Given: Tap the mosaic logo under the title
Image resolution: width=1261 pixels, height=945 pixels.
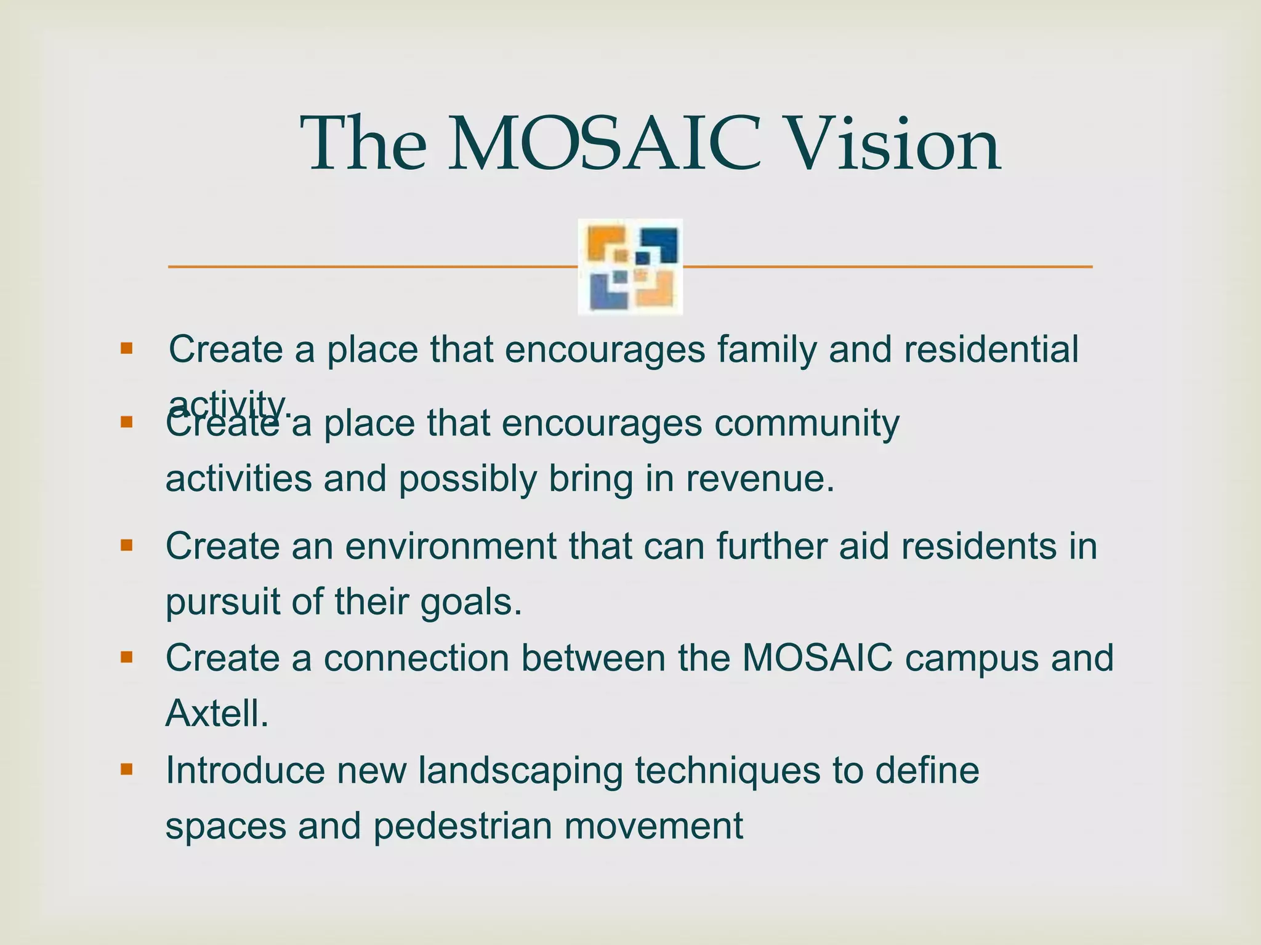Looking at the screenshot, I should pos(630,266).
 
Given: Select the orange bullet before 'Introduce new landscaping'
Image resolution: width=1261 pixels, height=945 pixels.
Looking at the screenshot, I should pos(127,769).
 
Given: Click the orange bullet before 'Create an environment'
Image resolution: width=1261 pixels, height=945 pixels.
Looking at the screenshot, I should pos(127,545).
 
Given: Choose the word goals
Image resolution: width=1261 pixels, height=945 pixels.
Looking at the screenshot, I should pos(471,602).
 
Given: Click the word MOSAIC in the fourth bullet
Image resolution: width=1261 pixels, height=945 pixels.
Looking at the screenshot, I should pos(816,658).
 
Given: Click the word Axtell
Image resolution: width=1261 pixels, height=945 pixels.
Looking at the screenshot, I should pos(217,714).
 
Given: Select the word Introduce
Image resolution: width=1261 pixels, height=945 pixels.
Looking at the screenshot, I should pos(244,770).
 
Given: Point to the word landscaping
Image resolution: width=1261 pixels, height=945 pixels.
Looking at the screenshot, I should pos(520,772).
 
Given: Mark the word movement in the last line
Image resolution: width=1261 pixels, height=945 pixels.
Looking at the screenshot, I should pos(654,826).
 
